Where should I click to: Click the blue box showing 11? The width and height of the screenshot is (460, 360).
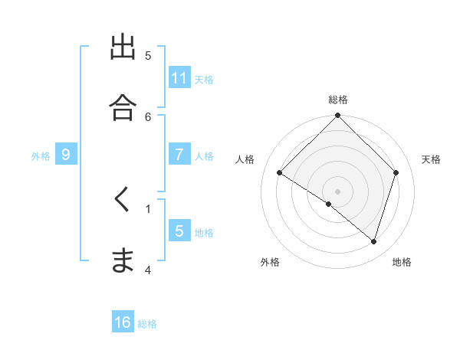tap(179, 77)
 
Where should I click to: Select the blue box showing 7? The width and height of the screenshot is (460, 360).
tap(179, 154)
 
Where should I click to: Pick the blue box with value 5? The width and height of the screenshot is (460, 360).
tap(179, 231)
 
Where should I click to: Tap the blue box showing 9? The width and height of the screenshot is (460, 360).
tap(66, 155)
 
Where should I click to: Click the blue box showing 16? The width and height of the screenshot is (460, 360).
tap(123, 322)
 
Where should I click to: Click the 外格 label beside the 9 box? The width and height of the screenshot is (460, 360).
tap(41, 156)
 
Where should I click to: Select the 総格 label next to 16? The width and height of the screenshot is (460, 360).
tap(147, 324)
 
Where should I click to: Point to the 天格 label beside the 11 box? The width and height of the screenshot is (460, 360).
tap(204, 79)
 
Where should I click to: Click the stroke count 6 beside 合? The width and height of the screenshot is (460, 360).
tap(149, 116)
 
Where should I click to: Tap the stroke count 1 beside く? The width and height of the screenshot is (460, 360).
tap(148, 208)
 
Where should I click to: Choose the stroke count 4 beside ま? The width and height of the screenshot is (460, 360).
tap(148, 269)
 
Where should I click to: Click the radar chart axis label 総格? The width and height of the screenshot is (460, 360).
tap(337, 100)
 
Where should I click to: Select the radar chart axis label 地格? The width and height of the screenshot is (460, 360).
tap(402, 262)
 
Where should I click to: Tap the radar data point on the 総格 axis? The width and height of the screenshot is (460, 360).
tap(337, 116)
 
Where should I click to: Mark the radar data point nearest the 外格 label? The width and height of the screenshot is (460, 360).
tap(329, 205)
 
